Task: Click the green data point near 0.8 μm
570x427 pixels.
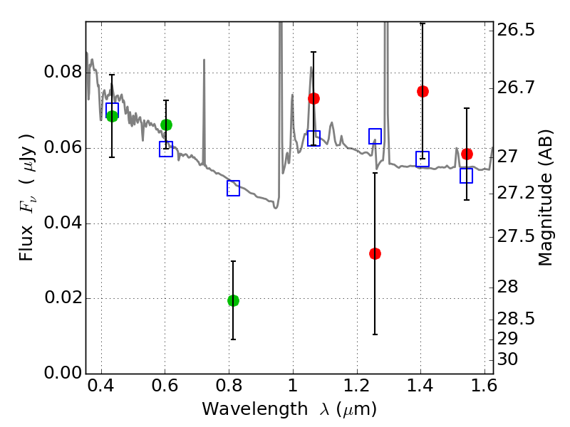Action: tap(233, 300)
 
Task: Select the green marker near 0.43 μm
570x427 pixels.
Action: tap(112, 116)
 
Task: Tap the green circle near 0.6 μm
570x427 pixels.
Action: tap(166, 125)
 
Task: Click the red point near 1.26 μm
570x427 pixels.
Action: tap(375, 253)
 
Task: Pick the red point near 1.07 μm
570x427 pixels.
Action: tap(313, 98)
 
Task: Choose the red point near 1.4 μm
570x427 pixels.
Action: tap(423, 91)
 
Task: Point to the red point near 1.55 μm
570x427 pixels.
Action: tap(467, 154)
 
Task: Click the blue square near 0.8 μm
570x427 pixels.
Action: tap(233, 188)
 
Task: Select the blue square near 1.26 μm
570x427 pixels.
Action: tap(375, 136)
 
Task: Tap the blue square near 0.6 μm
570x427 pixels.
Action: tap(166, 149)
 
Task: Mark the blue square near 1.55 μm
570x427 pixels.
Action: tap(467, 176)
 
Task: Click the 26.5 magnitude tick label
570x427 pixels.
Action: tap(517, 31)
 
